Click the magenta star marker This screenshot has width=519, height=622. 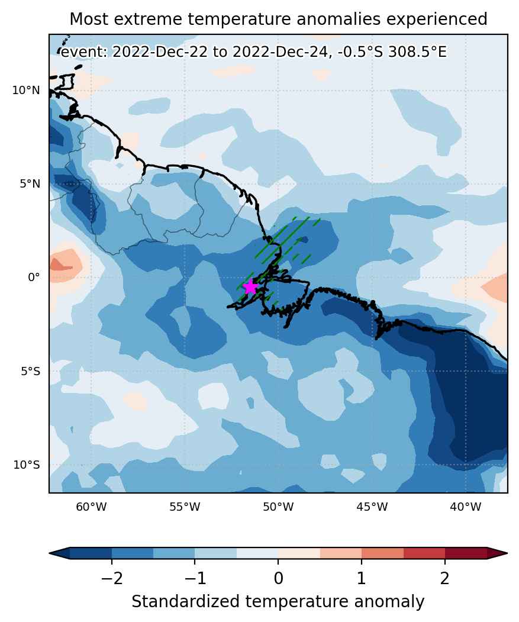coord(250,286)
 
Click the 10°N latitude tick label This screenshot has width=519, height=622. coord(26,91)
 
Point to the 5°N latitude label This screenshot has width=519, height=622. coord(30,184)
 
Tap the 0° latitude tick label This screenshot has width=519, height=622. coord(34,278)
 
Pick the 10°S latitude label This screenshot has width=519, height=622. coord(27,465)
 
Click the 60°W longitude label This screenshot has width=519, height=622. coord(91,507)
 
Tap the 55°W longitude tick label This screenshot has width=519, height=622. coord(185,507)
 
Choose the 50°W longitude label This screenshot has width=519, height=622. coord(279,507)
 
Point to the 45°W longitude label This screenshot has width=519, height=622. coord(372,507)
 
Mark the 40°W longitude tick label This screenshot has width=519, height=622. coord(466,507)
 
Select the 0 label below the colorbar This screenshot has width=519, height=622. coord(279,579)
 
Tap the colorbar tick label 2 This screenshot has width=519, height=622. coord(445,579)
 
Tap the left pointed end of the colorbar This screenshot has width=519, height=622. coord(50,553)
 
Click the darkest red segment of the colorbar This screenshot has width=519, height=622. coord(466,553)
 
